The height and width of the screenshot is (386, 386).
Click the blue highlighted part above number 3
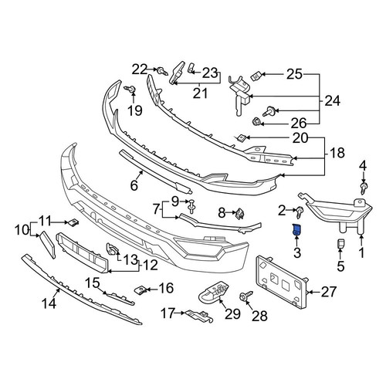(296, 229)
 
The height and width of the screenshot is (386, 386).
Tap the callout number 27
(328, 292)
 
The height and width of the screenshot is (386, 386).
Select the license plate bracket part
(282, 282)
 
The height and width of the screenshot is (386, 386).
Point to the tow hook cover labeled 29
(214, 293)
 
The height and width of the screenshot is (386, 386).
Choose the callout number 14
(49, 303)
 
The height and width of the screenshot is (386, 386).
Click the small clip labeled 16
(140, 290)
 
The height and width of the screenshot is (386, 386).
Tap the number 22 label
(140, 69)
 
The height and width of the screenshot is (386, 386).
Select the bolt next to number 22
(163, 71)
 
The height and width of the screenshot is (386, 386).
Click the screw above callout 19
(130, 89)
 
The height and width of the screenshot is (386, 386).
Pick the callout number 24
(333, 100)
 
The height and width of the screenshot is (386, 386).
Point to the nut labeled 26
(256, 121)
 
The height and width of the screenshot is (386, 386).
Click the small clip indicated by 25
(256, 76)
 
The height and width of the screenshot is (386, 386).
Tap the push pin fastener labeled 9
(191, 206)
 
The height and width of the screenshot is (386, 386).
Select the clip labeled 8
(240, 214)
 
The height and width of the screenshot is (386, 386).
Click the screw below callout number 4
(364, 188)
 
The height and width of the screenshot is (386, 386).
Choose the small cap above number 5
(340, 244)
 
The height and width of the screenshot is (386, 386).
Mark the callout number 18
(337, 153)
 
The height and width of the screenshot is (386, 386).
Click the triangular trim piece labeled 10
(47, 245)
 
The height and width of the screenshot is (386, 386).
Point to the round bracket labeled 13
(112, 249)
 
